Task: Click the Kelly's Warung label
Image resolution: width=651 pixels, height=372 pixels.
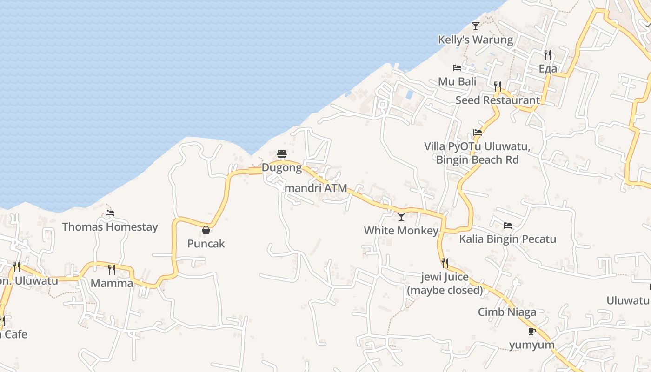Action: pyautogui.click(x=475, y=40)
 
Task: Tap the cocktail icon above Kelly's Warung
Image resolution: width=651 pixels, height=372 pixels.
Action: pyautogui.click(x=475, y=26)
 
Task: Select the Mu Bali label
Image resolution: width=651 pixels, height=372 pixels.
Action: pyautogui.click(x=457, y=82)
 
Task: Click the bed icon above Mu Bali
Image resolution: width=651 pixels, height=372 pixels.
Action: pyautogui.click(x=457, y=68)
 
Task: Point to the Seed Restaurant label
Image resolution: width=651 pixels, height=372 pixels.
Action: pyautogui.click(x=498, y=100)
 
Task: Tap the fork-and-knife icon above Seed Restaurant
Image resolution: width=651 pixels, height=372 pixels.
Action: pyautogui.click(x=498, y=86)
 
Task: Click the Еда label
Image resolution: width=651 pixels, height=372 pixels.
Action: pyautogui.click(x=548, y=69)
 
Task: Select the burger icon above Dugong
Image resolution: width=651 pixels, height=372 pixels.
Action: pyautogui.click(x=282, y=154)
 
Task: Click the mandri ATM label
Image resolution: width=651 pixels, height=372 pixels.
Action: pyautogui.click(x=316, y=188)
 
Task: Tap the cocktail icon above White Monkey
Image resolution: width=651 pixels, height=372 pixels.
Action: pyautogui.click(x=401, y=217)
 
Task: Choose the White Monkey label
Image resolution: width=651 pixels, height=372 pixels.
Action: pyautogui.click(x=401, y=231)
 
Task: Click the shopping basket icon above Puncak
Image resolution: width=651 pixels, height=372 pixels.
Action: pyautogui.click(x=206, y=230)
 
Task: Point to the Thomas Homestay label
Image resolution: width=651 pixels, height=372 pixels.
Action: pyautogui.click(x=110, y=227)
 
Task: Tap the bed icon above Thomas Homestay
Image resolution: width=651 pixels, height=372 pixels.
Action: pyautogui.click(x=110, y=213)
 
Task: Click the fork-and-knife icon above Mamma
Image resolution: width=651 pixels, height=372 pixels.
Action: pyautogui.click(x=112, y=269)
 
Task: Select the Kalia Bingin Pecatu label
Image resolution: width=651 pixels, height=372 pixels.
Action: pyautogui.click(x=508, y=239)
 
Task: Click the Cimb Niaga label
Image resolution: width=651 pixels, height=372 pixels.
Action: pyautogui.click(x=507, y=312)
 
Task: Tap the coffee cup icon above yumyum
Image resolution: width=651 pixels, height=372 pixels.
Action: pyautogui.click(x=532, y=331)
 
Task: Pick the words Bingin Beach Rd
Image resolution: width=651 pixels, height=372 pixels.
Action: pyautogui.click(x=477, y=160)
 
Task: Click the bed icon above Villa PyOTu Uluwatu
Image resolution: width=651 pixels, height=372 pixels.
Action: pyautogui.click(x=477, y=133)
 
